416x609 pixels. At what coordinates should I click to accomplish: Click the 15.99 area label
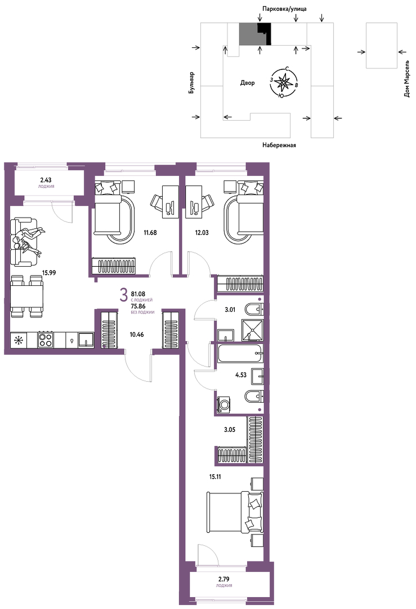coord(49,273)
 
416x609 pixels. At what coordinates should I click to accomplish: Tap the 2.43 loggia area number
coord(46,180)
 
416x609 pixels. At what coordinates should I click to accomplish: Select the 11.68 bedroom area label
coord(150,233)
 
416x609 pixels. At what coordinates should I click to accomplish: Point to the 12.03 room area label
coord(202,233)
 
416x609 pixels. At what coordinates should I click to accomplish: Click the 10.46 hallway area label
coord(136,334)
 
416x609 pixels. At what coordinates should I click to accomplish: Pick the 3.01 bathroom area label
coord(230,310)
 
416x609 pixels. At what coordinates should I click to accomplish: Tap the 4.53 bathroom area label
coord(241,375)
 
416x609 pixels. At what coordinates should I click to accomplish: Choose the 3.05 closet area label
coord(230,430)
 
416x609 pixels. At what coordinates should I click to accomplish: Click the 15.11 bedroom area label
coord(215,476)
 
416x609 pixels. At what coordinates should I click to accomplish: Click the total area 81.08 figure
coord(138,294)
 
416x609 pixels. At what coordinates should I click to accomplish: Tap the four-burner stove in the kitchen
coord(46,339)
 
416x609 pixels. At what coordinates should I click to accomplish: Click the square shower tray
coord(252,330)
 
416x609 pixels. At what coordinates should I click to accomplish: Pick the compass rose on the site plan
coord(284,82)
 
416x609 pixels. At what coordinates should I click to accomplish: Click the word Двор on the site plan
coord(247,83)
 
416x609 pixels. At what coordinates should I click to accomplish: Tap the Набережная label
coord(279,145)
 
